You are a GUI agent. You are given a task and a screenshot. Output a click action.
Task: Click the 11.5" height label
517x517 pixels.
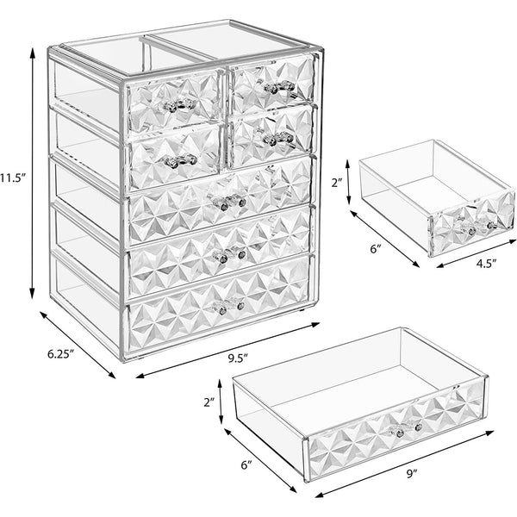[x=12, y=178]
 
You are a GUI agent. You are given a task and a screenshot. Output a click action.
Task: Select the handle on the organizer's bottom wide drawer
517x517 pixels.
[x=228, y=305]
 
